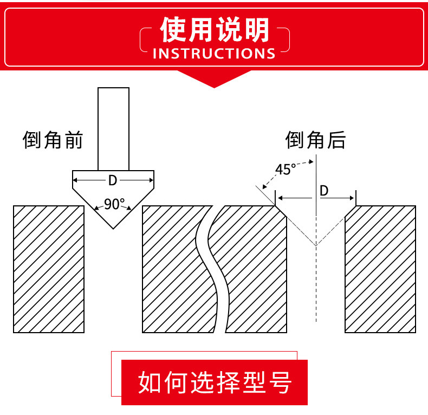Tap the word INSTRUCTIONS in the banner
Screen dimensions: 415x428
(215, 54)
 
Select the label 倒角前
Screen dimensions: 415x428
(53, 140)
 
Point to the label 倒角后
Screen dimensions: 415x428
(315, 140)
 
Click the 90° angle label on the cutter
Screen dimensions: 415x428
(114, 205)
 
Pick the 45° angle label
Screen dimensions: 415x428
(286, 170)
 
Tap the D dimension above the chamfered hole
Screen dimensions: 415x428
(324, 191)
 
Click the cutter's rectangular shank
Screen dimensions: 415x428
(113, 128)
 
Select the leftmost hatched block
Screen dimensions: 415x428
(49, 269)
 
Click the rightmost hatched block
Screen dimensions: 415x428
(380, 269)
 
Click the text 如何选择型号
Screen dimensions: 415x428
(215, 383)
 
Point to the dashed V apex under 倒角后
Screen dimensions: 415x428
(316, 245)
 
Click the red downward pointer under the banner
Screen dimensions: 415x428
(215, 79)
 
